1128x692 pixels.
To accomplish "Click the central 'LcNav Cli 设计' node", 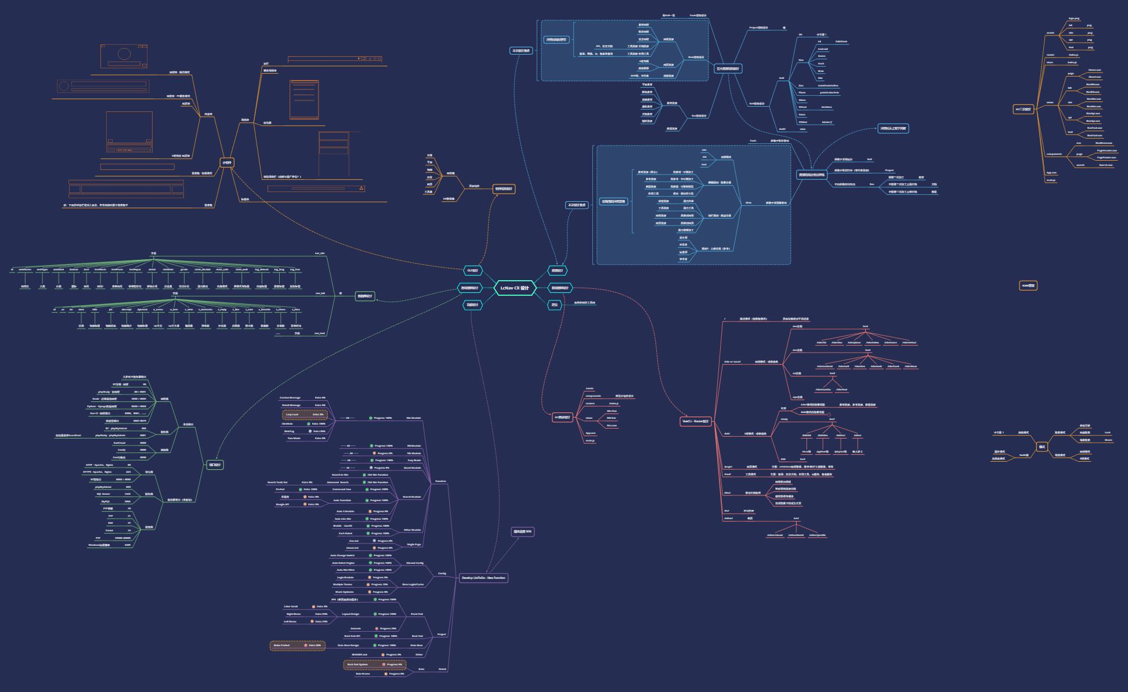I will pyautogui.click(x=515, y=288).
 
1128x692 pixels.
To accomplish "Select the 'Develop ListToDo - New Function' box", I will pyautogui.click(x=483, y=578).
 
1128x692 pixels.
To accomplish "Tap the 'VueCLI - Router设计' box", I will pyautogui.click(x=696, y=421).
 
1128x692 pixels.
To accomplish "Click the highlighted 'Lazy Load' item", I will pyautogui.click(x=305, y=414).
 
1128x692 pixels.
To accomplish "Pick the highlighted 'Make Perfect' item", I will pyautogui.click(x=297, y=645).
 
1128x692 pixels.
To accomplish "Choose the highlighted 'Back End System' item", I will pyautogui.click(x=374, y=664).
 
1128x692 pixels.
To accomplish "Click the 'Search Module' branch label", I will pyautogui.click(x=411, y=497).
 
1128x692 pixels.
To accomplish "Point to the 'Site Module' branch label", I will pyautogui.click(x=413, y=418).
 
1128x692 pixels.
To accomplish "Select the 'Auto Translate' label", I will pyautogui.click(x=342, y=500).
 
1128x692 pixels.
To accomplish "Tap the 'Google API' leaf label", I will pyautogui.click(x=282, y=504).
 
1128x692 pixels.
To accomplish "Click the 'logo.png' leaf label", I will pyautogui.click(x=1074, y=19).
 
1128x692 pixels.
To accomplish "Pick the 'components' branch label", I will pyautogui.click(x=1054, y=154).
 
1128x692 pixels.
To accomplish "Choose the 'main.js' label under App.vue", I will pyautogui.click(x=1051, y=180).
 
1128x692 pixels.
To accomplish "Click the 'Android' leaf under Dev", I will pyautogui.click(x=823, y=49).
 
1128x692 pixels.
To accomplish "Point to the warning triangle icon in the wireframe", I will pyautogui.click(x=361, y=188).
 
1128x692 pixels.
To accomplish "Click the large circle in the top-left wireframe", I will pyautogui.click(x=124, y=54).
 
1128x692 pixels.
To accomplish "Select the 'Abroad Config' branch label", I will pyautogui.click(x=414, y=563).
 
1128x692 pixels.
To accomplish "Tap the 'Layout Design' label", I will pyautogui.click(x=350, y=614).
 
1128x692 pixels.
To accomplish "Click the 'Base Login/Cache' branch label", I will pyautogui.click(x=413, y=584).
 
